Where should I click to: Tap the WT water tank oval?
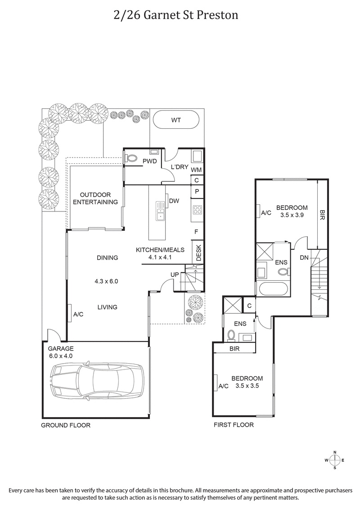pyautogui.click(x=176, y=120)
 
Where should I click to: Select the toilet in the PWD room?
pyautogui.click(x=131, y=158)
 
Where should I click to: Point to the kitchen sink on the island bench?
pyautogui.click(x=160, y=211)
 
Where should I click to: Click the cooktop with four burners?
pyautogui.click(x=197, y=209)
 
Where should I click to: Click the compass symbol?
pyautogui.click(x=334, y=460)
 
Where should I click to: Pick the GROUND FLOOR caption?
pyautogui.click(x=66, y=425)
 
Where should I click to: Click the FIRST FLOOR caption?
pyautogui.click(x=234, y=425)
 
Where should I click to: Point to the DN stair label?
pyautogui.click(x=304, y=257)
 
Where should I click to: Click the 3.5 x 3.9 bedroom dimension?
pyautogui.click(x=292, y=215)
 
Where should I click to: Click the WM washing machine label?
pyautogui.click(x=197, y=170)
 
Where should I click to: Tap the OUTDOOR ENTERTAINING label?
pyautogui.click(x=95, y=198)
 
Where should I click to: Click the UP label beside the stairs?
pyautogui.click(x=175, y=275)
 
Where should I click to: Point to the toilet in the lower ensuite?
pyautogui.click(x=232, y=335)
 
